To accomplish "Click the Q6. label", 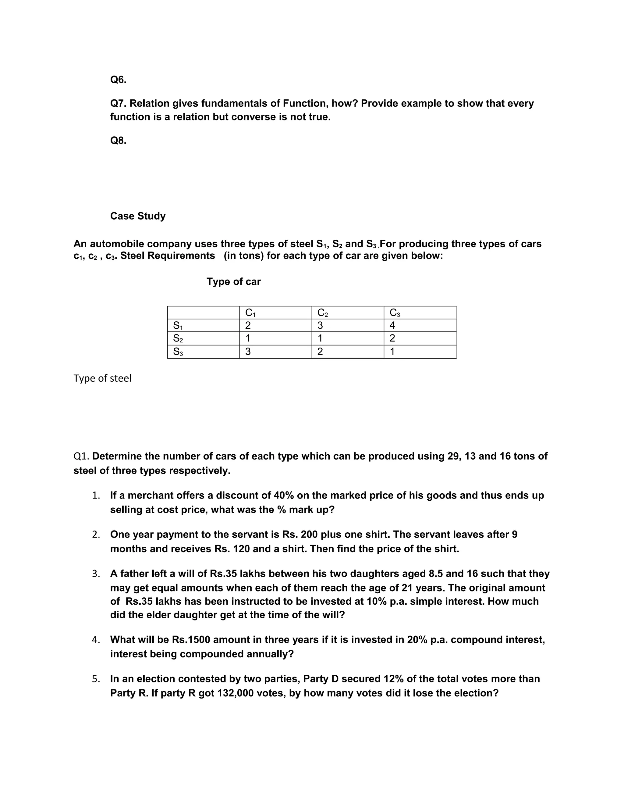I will tap(118, 80).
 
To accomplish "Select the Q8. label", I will tap(118, 141).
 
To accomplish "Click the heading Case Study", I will tap(138, 216).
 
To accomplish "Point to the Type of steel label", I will tap(102, 378).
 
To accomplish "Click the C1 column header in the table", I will tap(250, 313).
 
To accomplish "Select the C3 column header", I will tap(395, 313).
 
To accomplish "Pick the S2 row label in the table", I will tap(178, 338).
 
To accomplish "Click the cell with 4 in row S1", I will tap(392, 326).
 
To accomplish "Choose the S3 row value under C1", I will tap(248, 352).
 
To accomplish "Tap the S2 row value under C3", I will tap(392, 338).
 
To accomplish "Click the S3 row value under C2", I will tap(320, 352).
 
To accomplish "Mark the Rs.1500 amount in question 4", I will tap(191, 640).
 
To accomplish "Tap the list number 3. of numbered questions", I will tap(96, 574).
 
